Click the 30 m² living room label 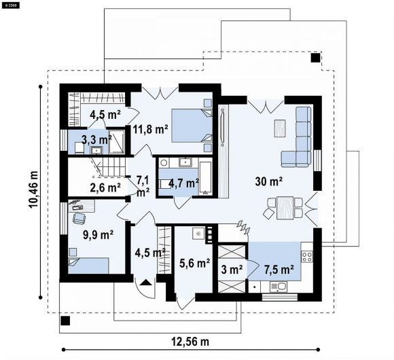268,181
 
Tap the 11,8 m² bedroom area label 151,129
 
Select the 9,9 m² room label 98,235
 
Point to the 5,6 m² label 195,263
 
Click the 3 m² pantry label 232,270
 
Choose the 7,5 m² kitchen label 279,269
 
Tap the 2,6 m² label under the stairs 105,187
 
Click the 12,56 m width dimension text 190,342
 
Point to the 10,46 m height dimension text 33,190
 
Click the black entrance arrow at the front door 146,283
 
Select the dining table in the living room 285,208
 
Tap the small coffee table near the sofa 280,128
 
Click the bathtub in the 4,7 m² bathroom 206,177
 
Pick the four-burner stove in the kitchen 307,257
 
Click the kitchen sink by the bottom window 279,287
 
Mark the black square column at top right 316,58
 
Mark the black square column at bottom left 65,321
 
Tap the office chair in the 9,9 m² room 79,218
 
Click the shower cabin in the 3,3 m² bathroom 117,141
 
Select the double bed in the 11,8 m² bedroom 192,126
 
